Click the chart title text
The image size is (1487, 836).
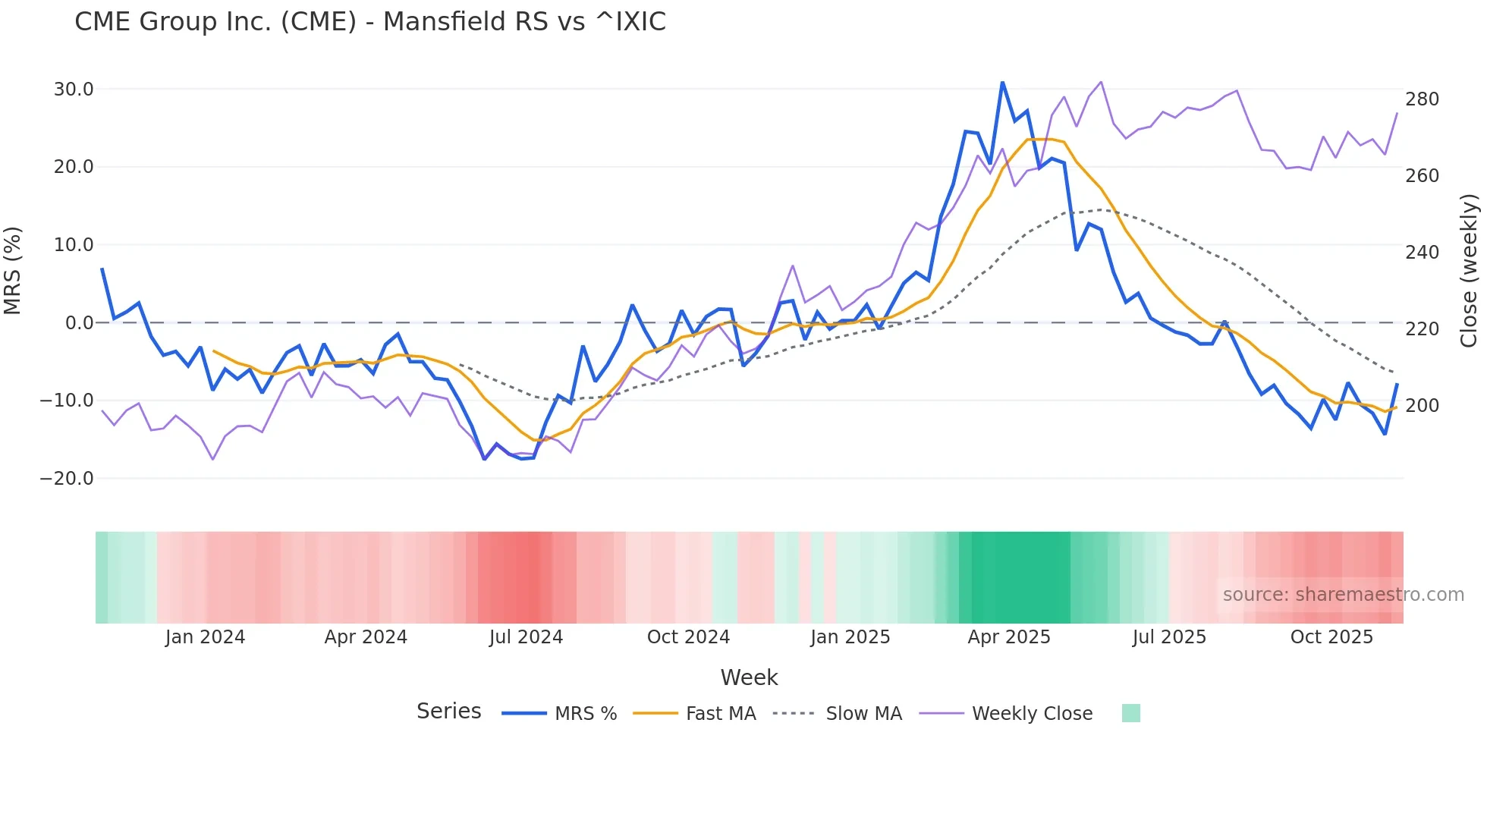(369, 21)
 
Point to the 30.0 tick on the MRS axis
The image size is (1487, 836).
(74, 90)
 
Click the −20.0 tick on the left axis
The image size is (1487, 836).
(67, 479)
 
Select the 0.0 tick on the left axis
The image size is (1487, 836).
(80, 323)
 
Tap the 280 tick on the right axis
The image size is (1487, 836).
(1422, 99)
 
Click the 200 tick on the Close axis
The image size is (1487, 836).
(1422, 406)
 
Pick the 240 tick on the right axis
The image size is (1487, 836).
(1422, 253)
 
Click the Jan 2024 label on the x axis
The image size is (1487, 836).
(205, 637)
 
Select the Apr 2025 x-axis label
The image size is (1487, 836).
(1009, 637)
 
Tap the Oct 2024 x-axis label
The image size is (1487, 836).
(688, 637)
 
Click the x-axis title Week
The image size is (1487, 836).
(749, 677)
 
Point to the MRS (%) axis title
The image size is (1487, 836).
(13, 270)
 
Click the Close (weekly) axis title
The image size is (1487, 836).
(1469, 270)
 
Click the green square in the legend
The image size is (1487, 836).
(1130, 713)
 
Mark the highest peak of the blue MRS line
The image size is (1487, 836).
(1002, 83)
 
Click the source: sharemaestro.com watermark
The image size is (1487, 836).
(1343, 595)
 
